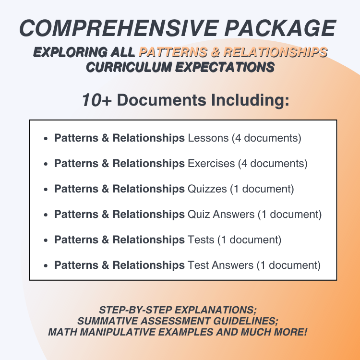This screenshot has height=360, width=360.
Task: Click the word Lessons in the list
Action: point(208,138)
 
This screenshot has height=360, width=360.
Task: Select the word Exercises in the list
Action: point(212,163)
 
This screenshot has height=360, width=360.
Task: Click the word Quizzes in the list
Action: point(207,189)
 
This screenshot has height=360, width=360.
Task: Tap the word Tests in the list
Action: point(201,239)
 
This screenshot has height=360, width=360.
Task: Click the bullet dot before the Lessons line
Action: point(45,139)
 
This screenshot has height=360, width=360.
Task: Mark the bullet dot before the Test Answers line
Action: point(45,265)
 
